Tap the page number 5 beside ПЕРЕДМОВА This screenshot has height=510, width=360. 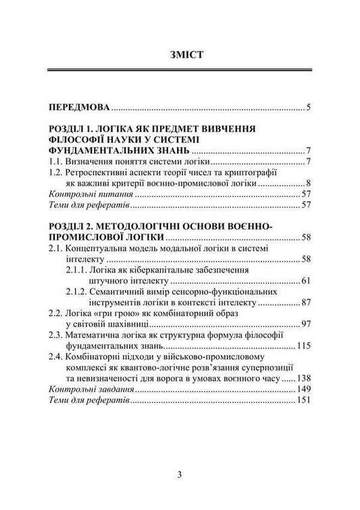click(x=307, y=107)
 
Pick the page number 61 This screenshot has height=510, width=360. click(x=305, y=280)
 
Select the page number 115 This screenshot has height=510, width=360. click(x=303, y=345)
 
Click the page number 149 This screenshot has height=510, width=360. click(x=303, y=389)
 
